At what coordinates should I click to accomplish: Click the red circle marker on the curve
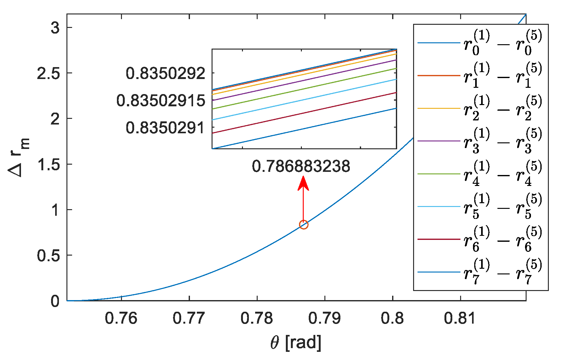[303, 225]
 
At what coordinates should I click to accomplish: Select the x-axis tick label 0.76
[121, 318]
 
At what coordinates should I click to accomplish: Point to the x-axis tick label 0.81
[460, 318]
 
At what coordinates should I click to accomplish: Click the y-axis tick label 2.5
[48, 73]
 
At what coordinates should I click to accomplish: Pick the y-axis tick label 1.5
[48, 164]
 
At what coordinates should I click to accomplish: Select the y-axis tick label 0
[55, 301]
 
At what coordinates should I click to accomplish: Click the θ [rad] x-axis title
[296, 342]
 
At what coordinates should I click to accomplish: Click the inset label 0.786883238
[301, 166]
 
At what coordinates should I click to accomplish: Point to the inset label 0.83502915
[161, 101]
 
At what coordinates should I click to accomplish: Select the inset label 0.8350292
[165, 74]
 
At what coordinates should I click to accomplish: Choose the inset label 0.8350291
[165, 128]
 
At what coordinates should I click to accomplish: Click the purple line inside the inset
[304, 80]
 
